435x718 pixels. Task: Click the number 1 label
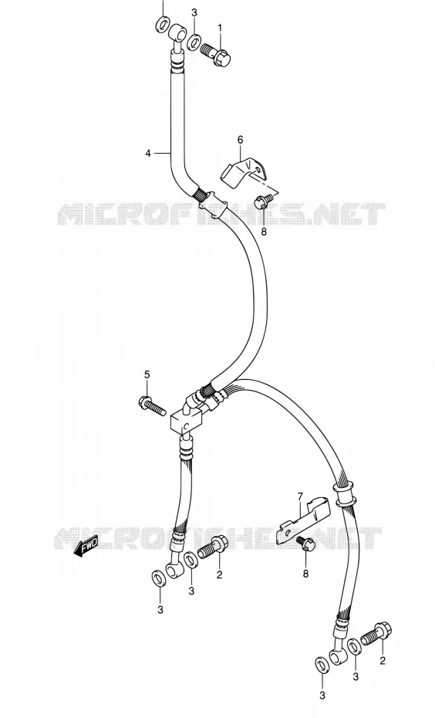[220, 28]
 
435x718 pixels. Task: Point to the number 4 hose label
[148, 154]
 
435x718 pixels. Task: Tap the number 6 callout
[241, 139]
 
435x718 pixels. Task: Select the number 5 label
[147, 374]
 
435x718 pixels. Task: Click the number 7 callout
[300, 496]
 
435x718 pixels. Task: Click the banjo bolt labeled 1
[215, 53]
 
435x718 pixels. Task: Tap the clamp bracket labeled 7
[303, 520]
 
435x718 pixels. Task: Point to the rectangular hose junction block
[187, 420]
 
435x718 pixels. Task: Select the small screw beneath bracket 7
[306, 544]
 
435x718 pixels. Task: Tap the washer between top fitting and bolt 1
[194, 42]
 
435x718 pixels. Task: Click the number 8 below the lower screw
[305, 573]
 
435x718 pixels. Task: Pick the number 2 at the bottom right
[383, 660]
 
